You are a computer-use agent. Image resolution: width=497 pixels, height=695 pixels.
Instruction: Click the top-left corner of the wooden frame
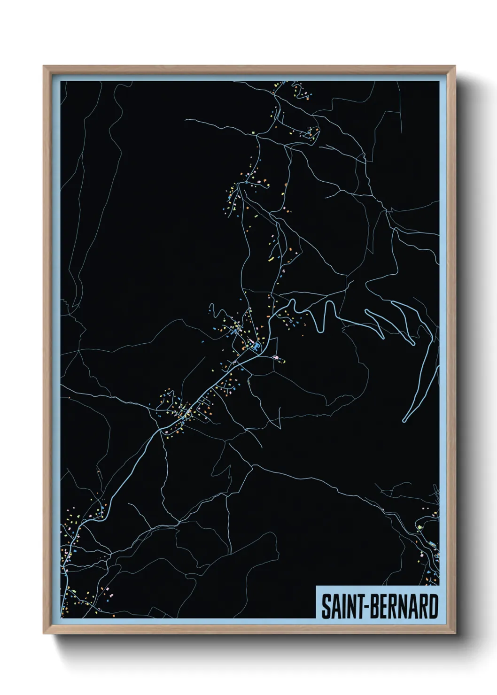click(44, 66)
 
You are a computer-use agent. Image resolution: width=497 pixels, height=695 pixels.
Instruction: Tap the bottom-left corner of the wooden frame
click(44, 634)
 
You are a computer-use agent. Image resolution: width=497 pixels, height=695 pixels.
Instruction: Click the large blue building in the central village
click(256, 347)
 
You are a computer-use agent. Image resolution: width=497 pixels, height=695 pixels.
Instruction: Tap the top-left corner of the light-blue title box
click(317, 586)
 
